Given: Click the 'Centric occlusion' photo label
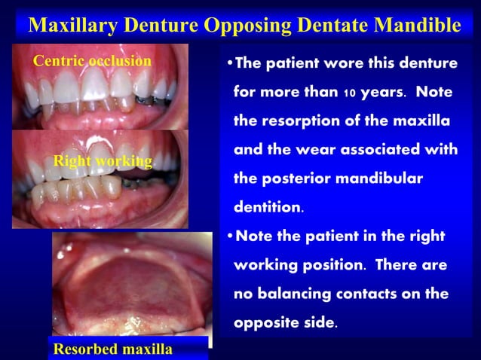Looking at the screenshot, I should (x=92, y=61).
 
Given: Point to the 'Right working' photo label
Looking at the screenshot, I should (x=103, y=161).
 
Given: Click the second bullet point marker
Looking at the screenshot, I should (x=229, y=236).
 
